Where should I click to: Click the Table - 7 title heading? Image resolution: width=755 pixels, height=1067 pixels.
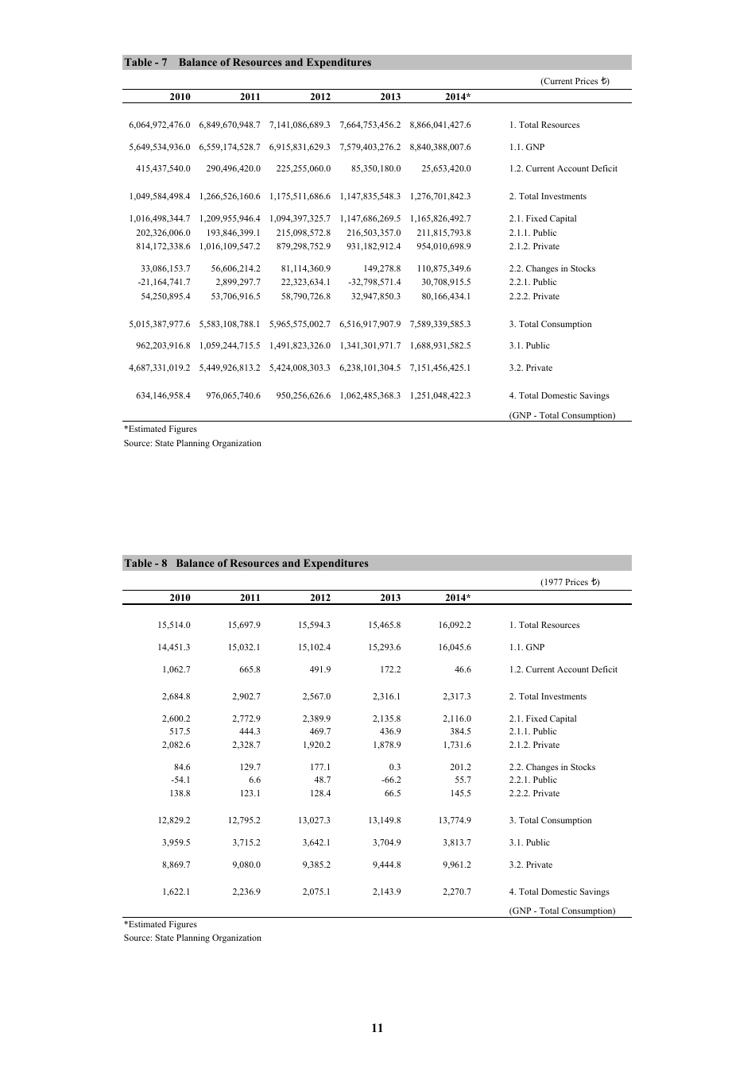247,63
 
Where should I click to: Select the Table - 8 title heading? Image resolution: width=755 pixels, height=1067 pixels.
246,564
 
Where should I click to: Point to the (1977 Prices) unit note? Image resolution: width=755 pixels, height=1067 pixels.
570,582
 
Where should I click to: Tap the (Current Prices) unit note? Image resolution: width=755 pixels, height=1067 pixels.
575,81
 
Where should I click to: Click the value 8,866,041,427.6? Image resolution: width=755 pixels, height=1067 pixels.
440,125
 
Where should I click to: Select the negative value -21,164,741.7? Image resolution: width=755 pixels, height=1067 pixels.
160,282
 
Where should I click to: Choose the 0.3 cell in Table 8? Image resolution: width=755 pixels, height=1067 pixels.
394,767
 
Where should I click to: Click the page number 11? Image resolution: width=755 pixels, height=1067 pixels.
377,1028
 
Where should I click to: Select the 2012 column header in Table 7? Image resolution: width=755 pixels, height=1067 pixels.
320,97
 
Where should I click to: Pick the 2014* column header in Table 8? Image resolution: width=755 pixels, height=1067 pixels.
457,598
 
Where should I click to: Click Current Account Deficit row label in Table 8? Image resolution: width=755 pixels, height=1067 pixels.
563,669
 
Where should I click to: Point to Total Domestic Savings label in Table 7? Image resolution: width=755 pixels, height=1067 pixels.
559,395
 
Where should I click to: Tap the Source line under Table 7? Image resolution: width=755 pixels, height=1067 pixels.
192,443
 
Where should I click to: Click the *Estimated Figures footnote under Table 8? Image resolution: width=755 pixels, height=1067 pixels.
161,924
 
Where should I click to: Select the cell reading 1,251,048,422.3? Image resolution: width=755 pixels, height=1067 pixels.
440,395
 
